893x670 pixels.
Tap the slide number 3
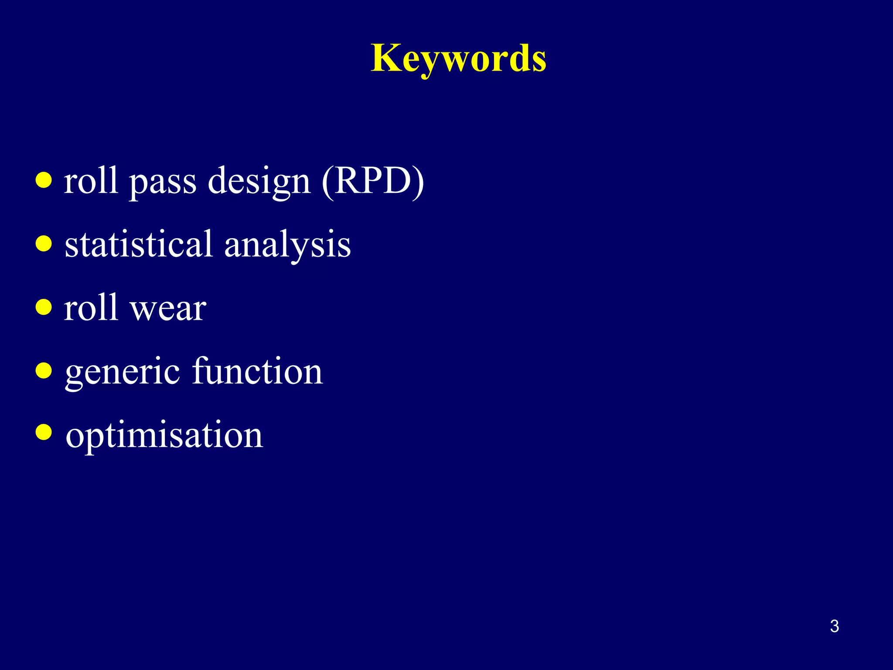click(834, 626)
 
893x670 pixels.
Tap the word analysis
click(287, 245)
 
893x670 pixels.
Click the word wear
click(168, 309)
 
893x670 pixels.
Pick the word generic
click(122, 372)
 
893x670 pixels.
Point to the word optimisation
click(164, 435)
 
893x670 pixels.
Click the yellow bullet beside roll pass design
click(44, 180)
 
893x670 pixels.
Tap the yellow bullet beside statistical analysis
click(44, 243)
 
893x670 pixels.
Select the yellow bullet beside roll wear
click(44, 307)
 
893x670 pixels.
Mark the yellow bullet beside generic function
click(44, 371)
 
